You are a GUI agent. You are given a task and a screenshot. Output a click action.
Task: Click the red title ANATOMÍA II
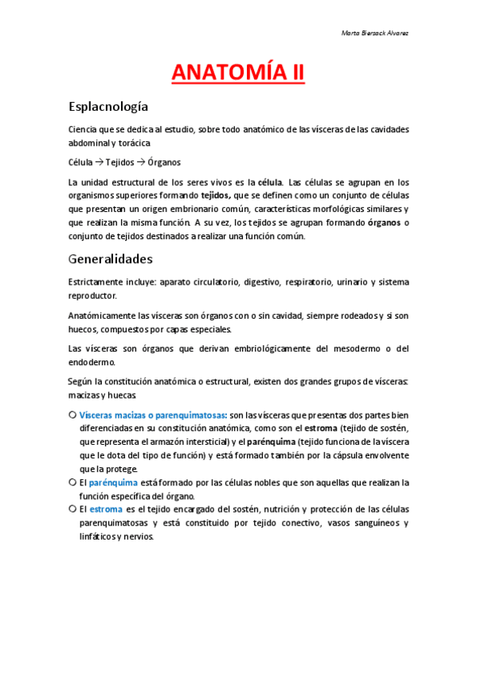(x=238, y=73)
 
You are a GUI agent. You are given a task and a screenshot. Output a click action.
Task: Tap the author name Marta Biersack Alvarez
(x=374, y=33)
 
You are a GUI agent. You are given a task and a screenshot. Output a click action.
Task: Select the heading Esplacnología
(x=108, y=107)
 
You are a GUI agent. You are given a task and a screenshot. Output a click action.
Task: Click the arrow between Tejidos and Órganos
(x=139, y=162)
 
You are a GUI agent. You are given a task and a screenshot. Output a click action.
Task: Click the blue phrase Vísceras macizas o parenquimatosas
(x=152, y=415)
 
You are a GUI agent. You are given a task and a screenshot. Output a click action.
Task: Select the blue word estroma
(x=106, y=509)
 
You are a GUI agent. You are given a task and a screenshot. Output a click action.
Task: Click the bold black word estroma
(x=321, y=429)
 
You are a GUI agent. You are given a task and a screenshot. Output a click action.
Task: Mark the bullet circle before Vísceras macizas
(x=72, y=415)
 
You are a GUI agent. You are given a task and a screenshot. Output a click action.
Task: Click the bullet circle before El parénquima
(x=72, y=483)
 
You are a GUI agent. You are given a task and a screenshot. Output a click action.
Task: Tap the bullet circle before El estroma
(x=72, y=509)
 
